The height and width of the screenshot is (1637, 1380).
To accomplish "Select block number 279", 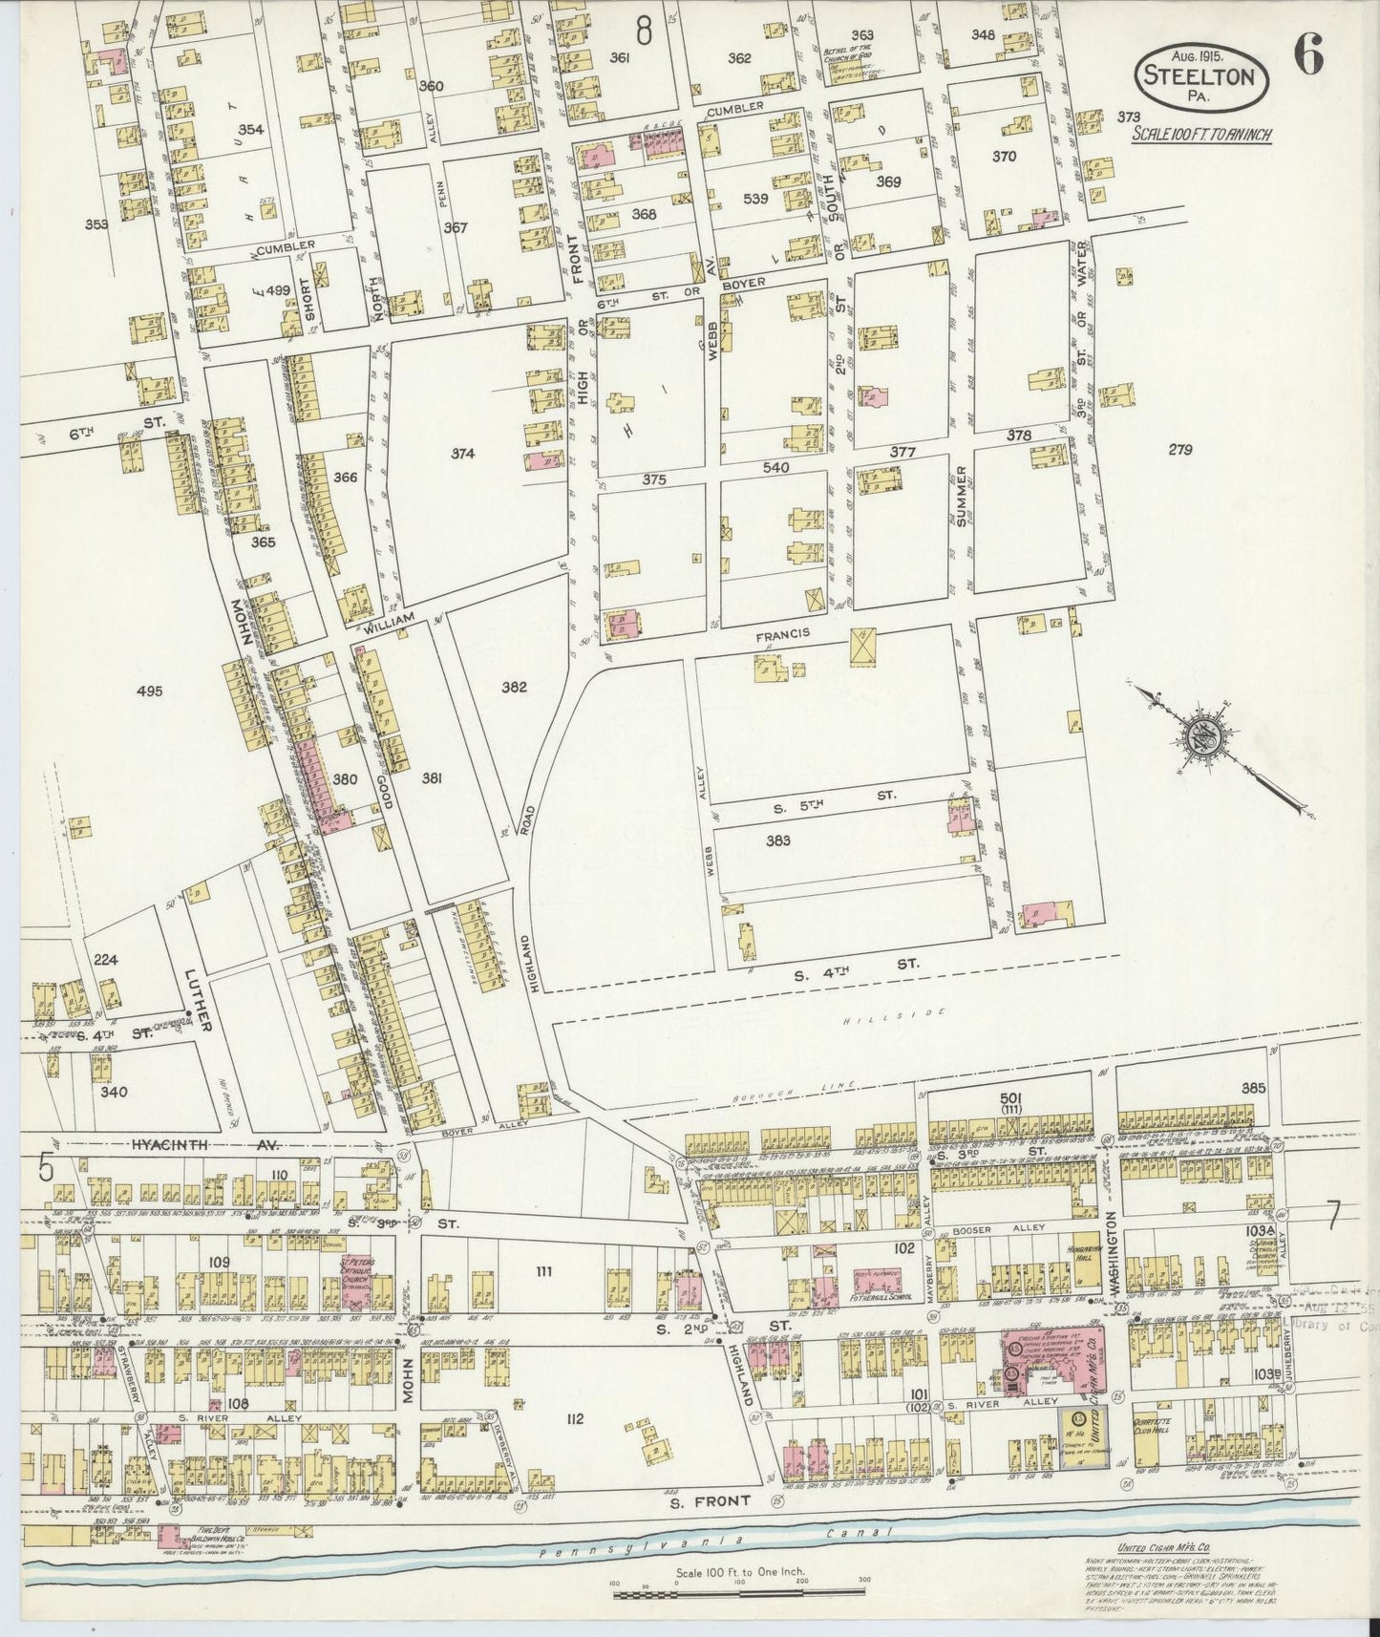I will click(1180, 449).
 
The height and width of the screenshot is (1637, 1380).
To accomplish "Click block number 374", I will click(464, 453).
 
